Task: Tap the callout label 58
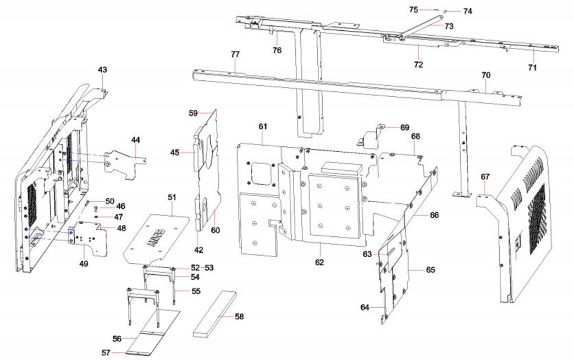pyautogui.click(x=239, y=317)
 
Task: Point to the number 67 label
pyautogui.click(x=485, y=176)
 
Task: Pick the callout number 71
pyautogui.click(x=532, y=67)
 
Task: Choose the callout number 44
pyautogui.click(x=136, y=140)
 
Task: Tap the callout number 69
pyautogui.click(x=405, y=127)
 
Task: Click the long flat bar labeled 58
pyautogui.click(x=214, y=313)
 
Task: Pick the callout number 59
pyautogui.click(x=193, y=113)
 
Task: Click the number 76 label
pyautogui.click(x=277, y=50)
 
